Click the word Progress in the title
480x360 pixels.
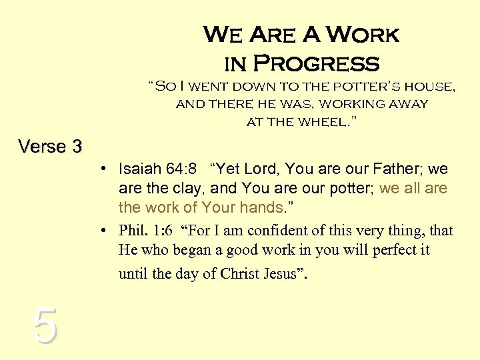[317, 64]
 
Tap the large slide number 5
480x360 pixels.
[44, 326]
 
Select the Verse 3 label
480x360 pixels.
[50, 146]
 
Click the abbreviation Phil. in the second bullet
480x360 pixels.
[133, 231]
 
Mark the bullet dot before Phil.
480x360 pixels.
[106, 231]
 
